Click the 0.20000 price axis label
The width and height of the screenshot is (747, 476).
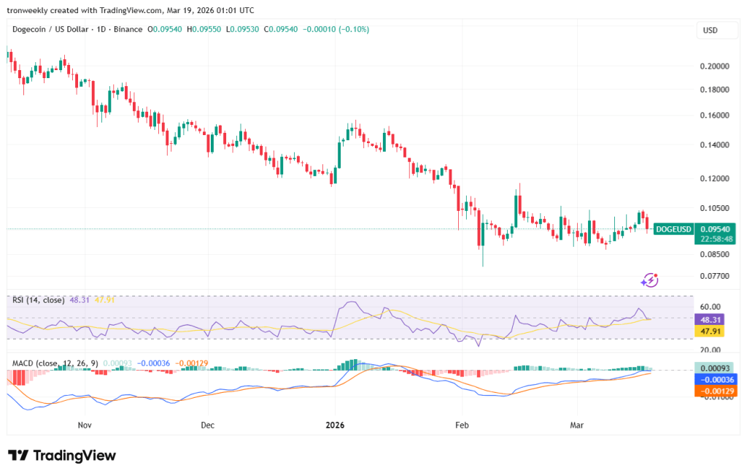(x=714, y=66)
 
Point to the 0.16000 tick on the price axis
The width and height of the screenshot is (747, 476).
(x=714, y=115)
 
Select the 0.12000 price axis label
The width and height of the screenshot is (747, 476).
(x=714, y=178)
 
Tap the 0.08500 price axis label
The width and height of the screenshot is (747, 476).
(x=714, y=254)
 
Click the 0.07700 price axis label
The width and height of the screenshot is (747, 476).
(x=714, y=276)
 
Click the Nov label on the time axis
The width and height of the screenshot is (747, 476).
(x=84, y=424)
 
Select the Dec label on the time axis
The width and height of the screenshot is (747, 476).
(x=206, y=424)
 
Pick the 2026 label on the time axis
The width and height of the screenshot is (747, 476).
(x=335, y=424)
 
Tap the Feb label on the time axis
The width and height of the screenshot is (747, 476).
(x=461, y=424)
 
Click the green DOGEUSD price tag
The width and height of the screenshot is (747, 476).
(x=673, y=229)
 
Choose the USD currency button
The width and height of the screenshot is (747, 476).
(x=710, y=31)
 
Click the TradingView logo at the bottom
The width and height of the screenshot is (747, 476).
(x=63, y=456)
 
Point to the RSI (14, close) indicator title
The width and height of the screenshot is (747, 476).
(x=39, y=300)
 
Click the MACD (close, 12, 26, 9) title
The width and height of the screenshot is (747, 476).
(x=55, y=363)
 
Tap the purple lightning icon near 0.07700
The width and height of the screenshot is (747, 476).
(x=649, y=280)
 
